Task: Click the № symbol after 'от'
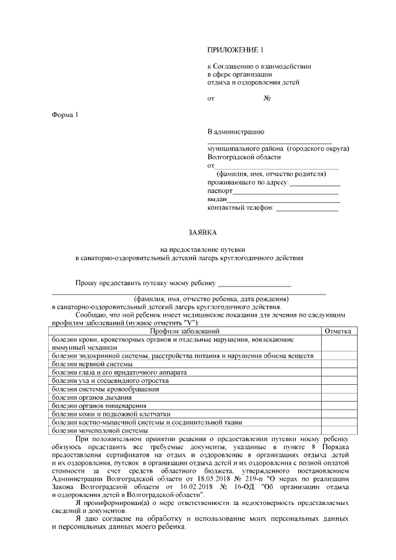(x=267, y=98)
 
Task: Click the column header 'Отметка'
(x=338, y=332)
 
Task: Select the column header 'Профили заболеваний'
(x=185, y=332)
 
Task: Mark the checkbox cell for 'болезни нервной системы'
(x=338, y=364)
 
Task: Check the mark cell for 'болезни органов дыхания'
(x=338, y=397)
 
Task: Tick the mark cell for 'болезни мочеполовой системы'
(x=338, y=429)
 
